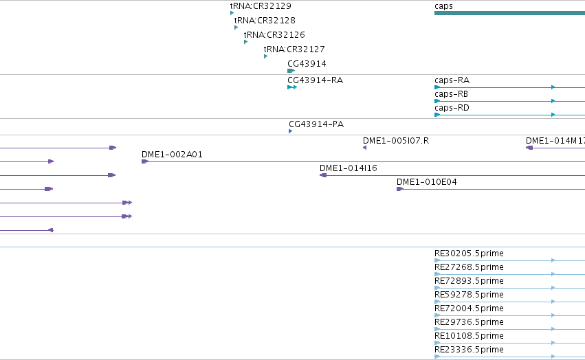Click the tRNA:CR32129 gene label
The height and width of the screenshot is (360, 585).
coord(261,6)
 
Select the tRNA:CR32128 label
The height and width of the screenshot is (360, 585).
coord(265,20)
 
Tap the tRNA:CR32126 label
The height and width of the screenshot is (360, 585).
coord(274,34)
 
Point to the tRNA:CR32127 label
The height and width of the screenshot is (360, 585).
coord(294,49)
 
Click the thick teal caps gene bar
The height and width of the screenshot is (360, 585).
coord(509,13)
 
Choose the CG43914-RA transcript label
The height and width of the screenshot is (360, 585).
coord(315,80)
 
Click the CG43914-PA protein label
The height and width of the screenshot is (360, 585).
coord(316,124)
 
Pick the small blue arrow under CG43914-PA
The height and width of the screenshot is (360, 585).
coord(290,131)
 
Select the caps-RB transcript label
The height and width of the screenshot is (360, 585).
coord(451,94)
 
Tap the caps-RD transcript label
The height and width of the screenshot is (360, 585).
coord(452,108)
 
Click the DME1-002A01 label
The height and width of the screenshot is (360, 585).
coord(172,155)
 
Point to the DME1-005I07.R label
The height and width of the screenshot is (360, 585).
coord(396,141)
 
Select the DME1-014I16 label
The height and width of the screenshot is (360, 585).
coord(349,168)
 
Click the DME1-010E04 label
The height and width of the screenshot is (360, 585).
coord(426,182)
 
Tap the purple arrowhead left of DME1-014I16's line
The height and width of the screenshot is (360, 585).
coord(323,175)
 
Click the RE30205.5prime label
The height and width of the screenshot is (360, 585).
coord(469,254)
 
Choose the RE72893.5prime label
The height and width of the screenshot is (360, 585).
coord(469,281)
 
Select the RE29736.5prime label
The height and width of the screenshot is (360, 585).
coord(469,322)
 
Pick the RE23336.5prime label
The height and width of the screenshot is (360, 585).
coord(469,350)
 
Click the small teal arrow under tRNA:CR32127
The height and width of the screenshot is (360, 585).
coord(265,56)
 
